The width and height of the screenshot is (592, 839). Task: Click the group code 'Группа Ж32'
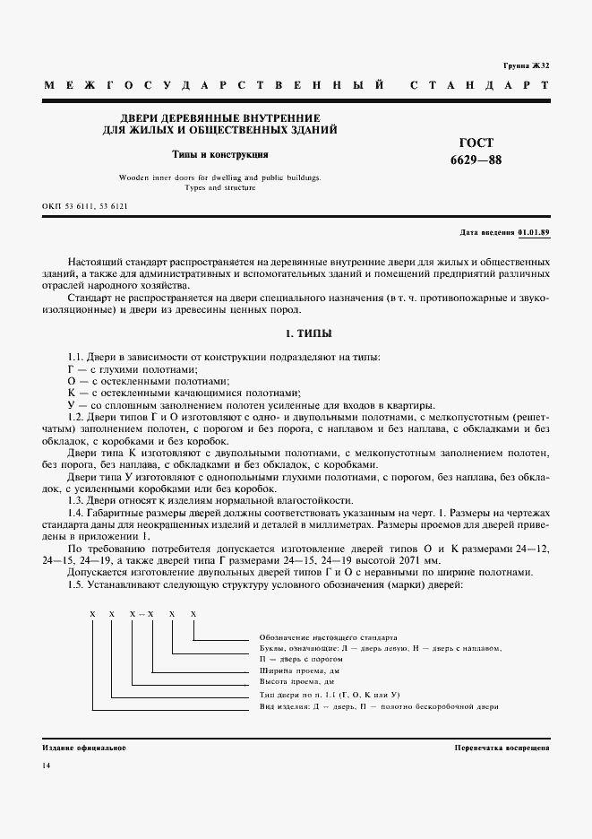(x=525, y=66)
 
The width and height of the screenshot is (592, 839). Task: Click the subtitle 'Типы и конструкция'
(x=220, y=154)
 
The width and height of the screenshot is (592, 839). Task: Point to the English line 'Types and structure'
(x=220, y=187)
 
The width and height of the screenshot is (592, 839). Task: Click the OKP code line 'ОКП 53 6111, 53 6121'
(x=85, y=206)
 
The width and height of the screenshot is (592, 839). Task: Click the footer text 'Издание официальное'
(x=84, y=747)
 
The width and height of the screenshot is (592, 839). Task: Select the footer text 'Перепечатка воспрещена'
(x=502, y=747)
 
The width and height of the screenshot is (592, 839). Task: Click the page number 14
(x=47, y=765)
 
